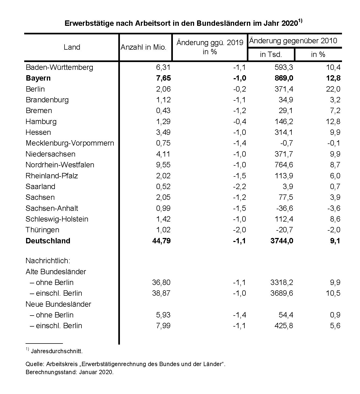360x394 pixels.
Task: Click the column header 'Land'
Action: [x=72, y=47]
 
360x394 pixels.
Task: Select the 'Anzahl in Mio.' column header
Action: [x=144, y=48]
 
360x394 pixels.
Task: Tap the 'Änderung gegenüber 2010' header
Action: [x=293, y=41]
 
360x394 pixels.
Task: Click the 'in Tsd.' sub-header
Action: [x=271, y=55]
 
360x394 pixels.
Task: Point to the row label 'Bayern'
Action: [x=38, y=78]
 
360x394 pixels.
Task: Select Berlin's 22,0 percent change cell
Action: [x=333, y=89]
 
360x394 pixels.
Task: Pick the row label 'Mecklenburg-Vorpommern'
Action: [x=70, y=143]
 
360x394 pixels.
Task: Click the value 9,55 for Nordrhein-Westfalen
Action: [x=163, y=165]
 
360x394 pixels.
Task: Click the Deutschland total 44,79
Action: [x=161, y=241]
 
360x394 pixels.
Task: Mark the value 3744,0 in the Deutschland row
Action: [x=282, y=241]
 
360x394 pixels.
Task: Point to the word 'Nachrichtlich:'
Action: [x=48, y=261]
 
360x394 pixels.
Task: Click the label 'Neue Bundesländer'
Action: [x=58, y=304]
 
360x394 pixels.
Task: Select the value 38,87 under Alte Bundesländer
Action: [x=161, y=293]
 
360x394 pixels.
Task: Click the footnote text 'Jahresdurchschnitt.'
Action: [x=57, y=351]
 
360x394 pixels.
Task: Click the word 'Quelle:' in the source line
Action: [x=35, y=364]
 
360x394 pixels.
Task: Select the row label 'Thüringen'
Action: [x=42, y=230]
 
